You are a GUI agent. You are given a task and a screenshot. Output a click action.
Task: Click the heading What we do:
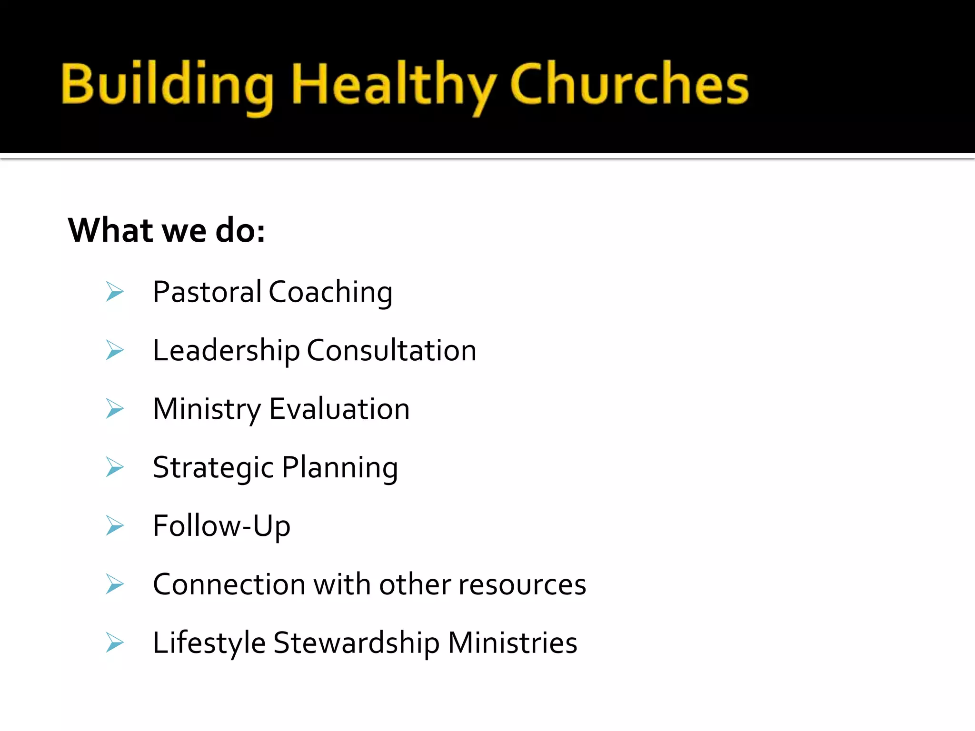tap(167, 230)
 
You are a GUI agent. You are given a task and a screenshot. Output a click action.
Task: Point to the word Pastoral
tap(207, 292)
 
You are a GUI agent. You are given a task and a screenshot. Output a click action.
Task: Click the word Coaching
tap(330, 293)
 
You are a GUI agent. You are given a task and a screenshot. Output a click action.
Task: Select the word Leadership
tap(226, 351)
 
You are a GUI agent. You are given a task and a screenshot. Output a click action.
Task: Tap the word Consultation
tap(391, 351)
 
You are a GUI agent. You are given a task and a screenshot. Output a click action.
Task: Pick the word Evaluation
tap(339, 409)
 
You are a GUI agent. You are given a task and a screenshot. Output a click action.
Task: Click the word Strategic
tap(213, 468)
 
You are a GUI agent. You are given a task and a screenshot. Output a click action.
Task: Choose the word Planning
tap(340, 468)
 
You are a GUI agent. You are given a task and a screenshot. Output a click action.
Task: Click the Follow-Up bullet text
tap(221, 526)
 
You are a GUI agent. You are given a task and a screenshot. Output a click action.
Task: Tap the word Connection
tap(229, 584)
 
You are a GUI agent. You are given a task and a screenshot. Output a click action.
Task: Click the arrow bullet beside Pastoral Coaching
tap(115, 292)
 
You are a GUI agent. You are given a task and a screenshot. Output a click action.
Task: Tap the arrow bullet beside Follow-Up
tap(115, 526)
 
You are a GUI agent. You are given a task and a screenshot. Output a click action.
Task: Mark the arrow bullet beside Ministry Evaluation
tap(115, 409)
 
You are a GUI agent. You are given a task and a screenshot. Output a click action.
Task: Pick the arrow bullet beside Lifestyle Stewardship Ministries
tap(115, 643)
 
